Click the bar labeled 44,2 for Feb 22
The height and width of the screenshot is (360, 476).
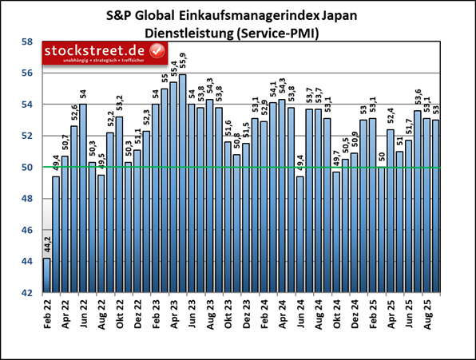pos(46,275)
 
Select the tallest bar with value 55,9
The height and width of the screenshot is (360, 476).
pos(182,184)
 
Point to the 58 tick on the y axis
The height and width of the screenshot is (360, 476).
pos(26,42)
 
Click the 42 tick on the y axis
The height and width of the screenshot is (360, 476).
pos(26,293)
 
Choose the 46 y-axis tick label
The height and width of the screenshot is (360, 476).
pos(26,230)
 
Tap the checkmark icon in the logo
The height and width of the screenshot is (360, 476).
pos(157,52)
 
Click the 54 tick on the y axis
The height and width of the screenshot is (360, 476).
pos(26,105)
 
